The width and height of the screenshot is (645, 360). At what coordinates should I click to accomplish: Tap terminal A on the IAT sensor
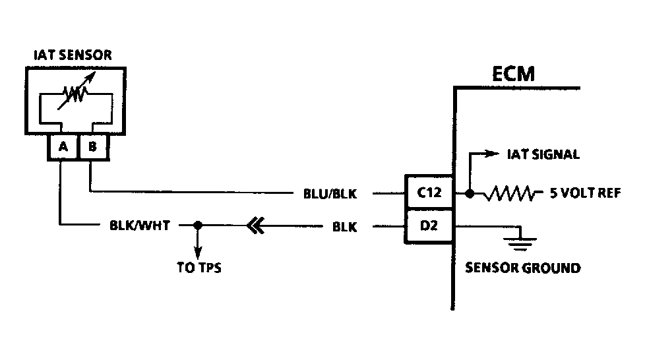pyautogui.click(x=63, y=148)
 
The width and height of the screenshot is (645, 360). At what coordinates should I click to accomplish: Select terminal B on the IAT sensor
pyautogui.click(x=93, y=148)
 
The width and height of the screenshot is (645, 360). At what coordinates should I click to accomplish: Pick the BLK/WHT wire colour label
pyautogui.click(x=140, y=225)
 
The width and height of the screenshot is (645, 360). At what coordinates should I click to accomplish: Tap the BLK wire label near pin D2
pyautogui.click(x=344, y=227)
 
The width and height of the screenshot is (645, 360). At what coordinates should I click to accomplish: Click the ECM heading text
pyautogui.click(x=514, y=74)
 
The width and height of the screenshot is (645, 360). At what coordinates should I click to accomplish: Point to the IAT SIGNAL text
pyautogui.click(x=543, y=155)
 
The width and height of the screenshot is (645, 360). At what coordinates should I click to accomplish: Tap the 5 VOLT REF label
pyautogui.click(x=586, y=195)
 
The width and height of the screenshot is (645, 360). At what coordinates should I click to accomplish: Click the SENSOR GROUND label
pyautogui.click(x=523, y=268)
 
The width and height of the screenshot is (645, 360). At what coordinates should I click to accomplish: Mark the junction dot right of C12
pyautogui.click(x=469, y=194)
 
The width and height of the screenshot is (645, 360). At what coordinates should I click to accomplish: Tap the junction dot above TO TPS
pyautogui.click(x=197, y=225)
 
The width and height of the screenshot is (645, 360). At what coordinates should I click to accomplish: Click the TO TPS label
pyautogui.click(x=199, y=268)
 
